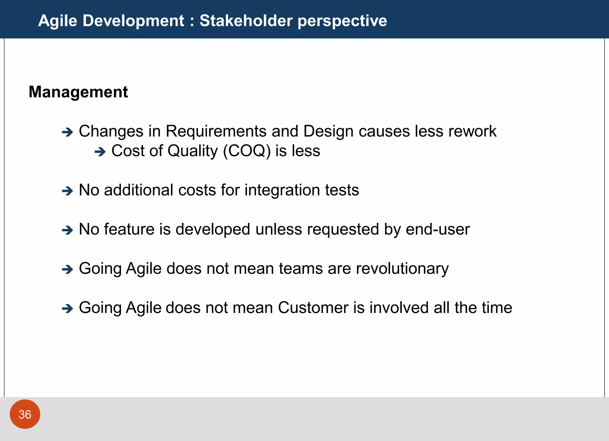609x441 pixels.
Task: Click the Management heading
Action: (x=78, y=92)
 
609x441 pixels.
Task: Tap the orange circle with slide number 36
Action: (x=25, y=414)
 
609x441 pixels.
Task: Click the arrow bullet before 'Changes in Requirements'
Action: (x=68, y=132)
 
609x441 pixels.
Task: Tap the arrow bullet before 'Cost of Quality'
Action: (x=100, y=152)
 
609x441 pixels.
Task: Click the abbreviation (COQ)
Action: (x=247, y=151)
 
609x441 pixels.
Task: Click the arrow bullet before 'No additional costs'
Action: (x=68, y=191)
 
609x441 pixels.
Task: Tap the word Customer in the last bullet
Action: (x=313, y=308)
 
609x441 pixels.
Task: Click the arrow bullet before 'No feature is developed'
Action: (x=68, y=230)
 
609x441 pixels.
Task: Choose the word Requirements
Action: (x=216, y=131)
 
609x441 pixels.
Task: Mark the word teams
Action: (x=301, y=269)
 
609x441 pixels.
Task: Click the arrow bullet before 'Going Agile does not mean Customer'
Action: (x=68, y=308)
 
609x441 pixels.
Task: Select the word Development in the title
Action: (x=133, y=21)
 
